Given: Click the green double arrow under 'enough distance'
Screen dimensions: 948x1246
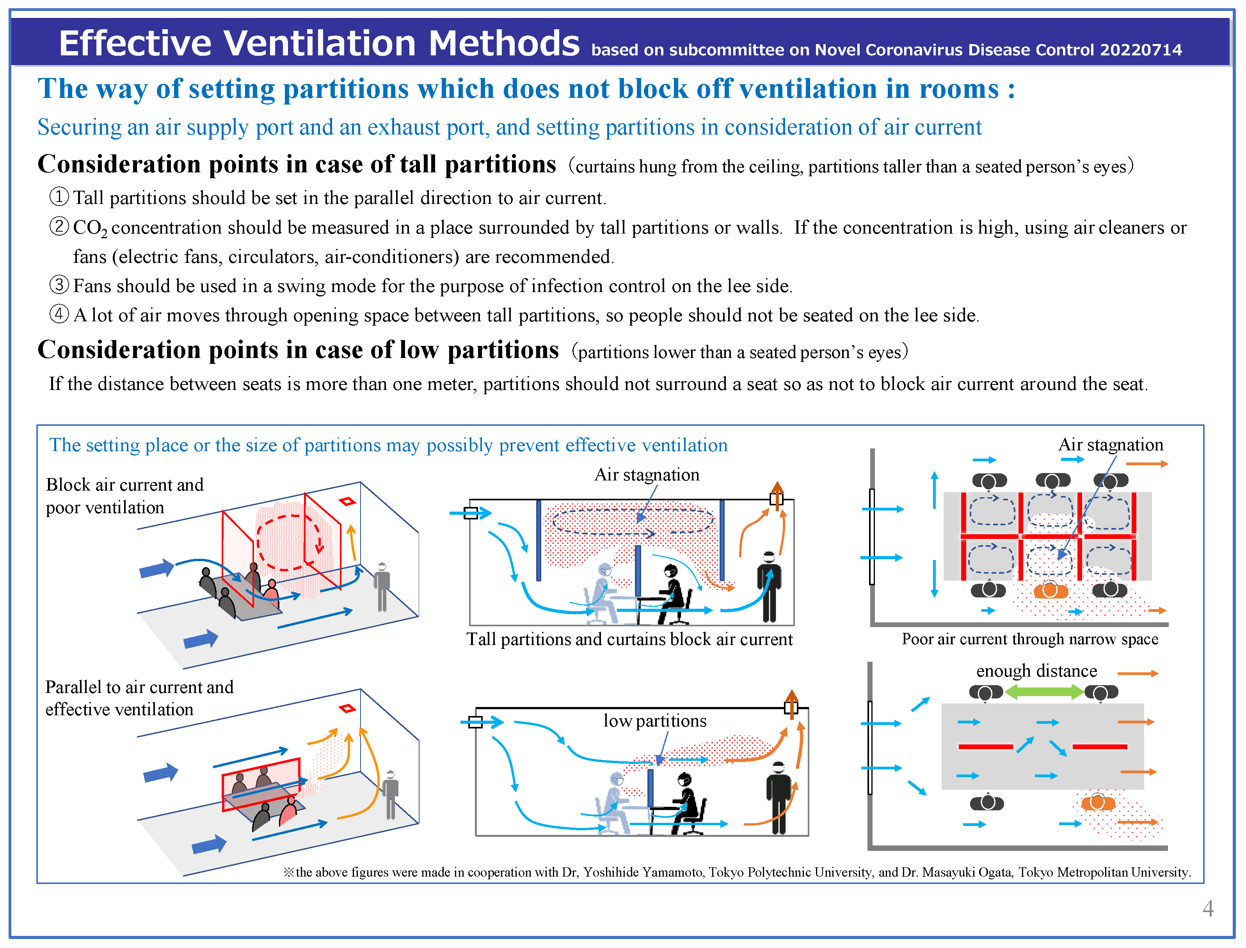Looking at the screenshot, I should pos(1043,692).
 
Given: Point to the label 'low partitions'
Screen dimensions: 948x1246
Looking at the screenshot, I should pos(654,721).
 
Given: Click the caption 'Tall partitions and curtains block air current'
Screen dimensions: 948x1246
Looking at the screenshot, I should pos(629,639).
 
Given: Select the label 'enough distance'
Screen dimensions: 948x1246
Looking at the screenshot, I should pos(1036,671).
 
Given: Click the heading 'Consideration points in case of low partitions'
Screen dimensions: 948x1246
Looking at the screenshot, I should pos(297,350).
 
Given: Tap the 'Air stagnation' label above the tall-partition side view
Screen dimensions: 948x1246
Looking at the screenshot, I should pos(647,475).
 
